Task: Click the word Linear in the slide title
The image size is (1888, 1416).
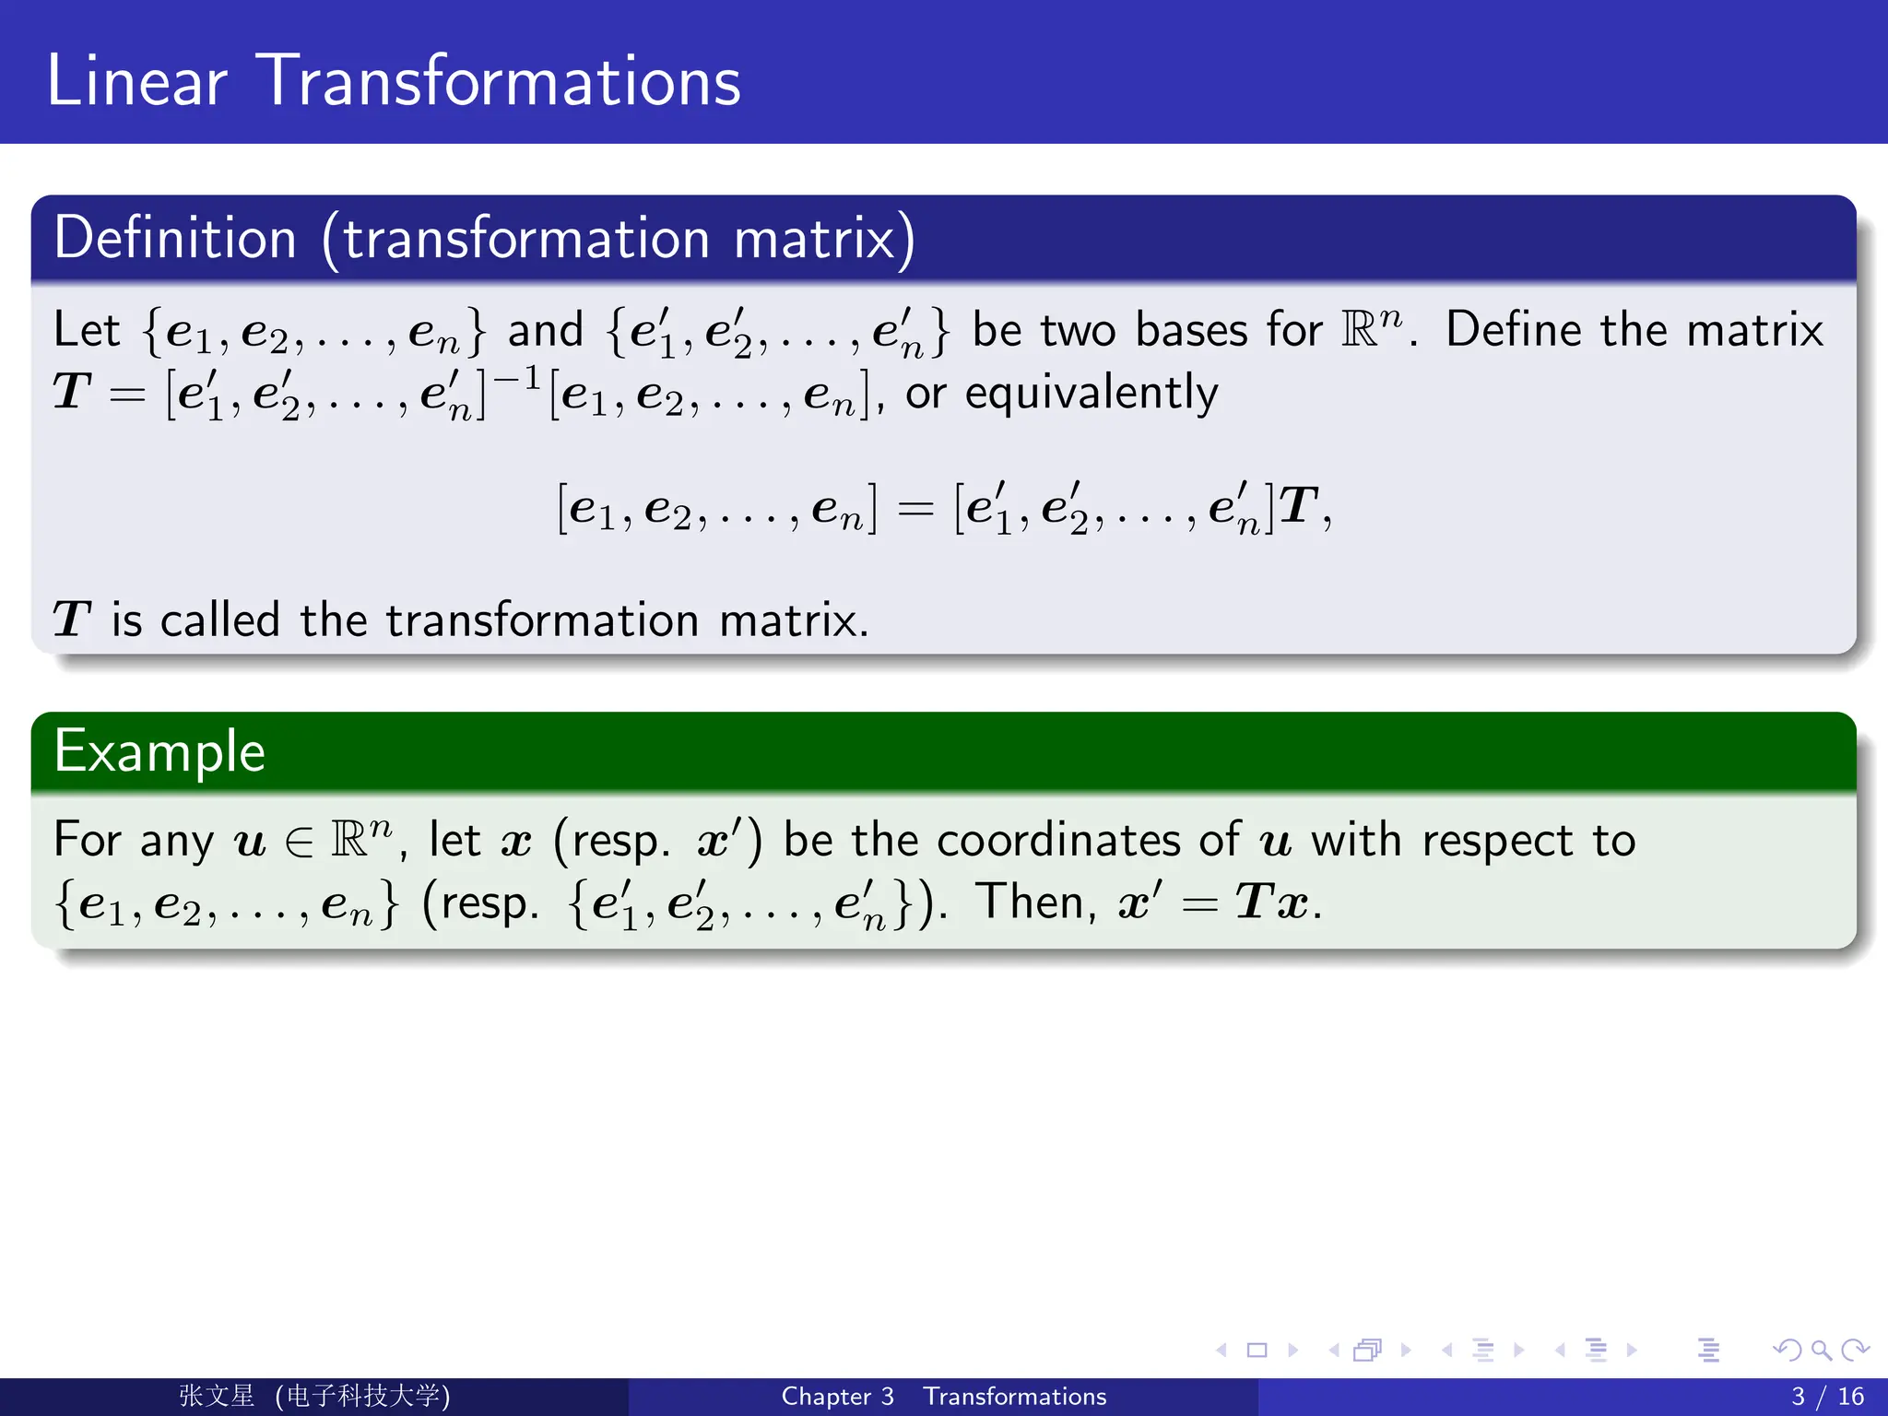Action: (x=136, y=81)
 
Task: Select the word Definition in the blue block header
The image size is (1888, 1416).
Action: (x=175, y=239)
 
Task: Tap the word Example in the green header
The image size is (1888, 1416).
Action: (x=159, y=751)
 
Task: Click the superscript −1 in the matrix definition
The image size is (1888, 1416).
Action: (x=516, y=378)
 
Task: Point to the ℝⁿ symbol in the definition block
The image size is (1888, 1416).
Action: (x=1371, y=328)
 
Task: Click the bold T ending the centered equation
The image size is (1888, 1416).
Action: (x=1299, y=506)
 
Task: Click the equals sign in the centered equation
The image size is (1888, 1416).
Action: (x=915, y=509)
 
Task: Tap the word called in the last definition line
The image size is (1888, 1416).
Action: (x=219, y=619)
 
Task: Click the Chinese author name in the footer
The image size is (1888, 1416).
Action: (x=217, y=1396)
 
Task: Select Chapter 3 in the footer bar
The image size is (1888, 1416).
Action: (x=837, y=1397)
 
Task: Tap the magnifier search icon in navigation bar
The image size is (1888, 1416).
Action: (x=1821, y=1351)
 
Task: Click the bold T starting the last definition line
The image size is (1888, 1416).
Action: (x=71, y=619)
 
